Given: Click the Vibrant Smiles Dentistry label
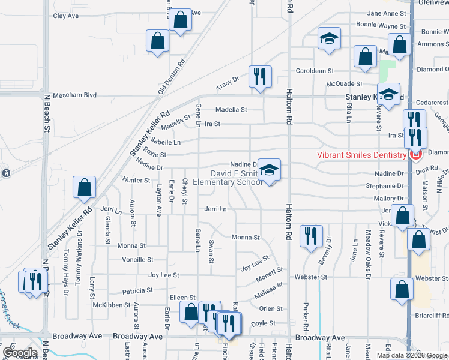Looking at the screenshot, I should (362, 155).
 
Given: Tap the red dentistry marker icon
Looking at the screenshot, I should (415, 155).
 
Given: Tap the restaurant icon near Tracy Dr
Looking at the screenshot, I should (259, 76).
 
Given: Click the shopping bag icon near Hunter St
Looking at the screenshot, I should (85, 187).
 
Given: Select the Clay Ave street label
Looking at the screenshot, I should (66, 16).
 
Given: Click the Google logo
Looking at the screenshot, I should (20, 353).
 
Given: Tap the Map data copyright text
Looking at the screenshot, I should (411, 355).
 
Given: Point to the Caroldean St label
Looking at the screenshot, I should (310, 71).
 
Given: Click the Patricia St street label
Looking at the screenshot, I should (137, 290).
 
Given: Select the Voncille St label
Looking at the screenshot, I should (137, 260).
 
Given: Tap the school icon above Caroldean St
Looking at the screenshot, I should (328, 39).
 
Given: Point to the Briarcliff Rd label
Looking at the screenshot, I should (432, 315).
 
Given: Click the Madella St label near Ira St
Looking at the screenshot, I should (231, 110).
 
